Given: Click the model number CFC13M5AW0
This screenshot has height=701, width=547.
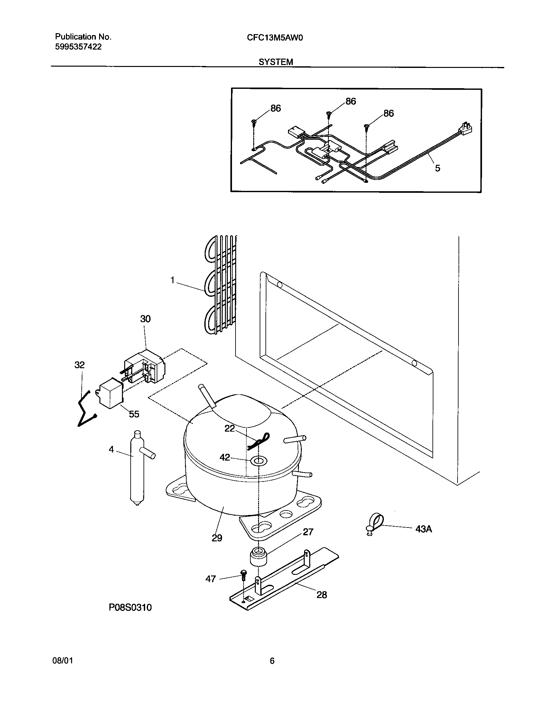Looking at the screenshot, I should (x=275, y=38).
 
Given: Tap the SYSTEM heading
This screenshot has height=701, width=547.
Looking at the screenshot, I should (x=276, y=62).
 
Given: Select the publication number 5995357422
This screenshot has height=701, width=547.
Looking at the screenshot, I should (x=78, y=47).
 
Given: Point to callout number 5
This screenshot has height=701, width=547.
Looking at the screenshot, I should (x=437, y=168).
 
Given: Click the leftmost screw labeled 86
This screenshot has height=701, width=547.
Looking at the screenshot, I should (x=254, y=122).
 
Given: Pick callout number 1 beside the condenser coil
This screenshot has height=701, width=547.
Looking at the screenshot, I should (x=172, y=281).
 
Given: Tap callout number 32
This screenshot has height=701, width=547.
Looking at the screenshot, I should (x=79, y=365).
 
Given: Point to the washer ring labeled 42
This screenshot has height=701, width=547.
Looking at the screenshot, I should (x=259, y=461).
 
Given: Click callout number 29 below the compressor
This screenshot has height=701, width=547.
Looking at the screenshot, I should (x=217, y=538).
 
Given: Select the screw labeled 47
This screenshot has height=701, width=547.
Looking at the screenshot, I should (x=243, y=575).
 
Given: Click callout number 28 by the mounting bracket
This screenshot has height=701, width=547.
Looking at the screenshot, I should (x=321, y=595).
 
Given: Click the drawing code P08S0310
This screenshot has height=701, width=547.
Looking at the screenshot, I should (x=130, y=607).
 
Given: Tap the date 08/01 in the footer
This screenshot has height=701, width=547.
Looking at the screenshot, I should (x=62, y=661).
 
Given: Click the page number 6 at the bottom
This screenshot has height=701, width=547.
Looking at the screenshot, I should (x=272, y=661).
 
